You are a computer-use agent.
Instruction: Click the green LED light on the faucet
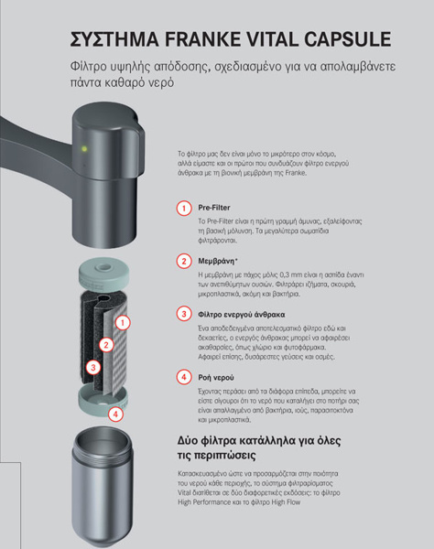(x=84, y=149)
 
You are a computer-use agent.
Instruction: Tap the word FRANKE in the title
(x=202, y=38)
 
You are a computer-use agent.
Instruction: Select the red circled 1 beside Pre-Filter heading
(x=184, y=209)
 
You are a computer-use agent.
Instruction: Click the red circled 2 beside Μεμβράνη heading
(x=184, y=261)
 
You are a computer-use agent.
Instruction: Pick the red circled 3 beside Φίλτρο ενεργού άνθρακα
(x=184, y=314)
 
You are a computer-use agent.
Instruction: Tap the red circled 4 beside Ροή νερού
(x=184, y=377)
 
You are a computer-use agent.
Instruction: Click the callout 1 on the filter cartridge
(x=123, y=322)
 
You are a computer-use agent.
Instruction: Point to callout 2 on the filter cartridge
(x=106, y=345)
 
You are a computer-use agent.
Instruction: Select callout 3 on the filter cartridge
(x=93, y=368)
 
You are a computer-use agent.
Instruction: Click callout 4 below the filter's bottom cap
(x=115, y=414)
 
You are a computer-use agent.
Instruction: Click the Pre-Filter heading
(x=214, y=208)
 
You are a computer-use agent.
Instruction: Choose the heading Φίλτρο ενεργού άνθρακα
(x=242, y=315)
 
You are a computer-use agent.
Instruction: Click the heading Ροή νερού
(x=216, y=377)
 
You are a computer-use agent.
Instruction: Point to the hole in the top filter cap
(x=103, y=267)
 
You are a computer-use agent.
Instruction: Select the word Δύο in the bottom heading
(x=188, y=440)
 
